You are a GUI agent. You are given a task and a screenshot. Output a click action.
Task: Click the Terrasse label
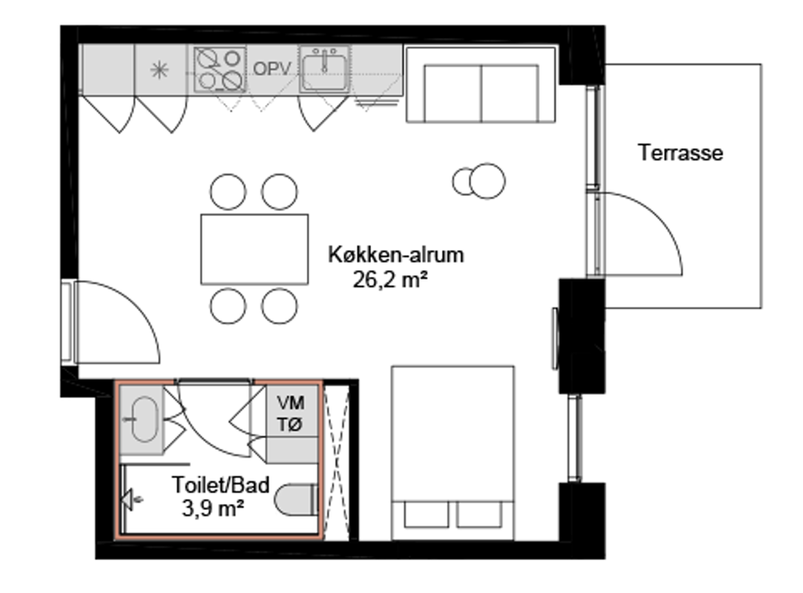pos(680,152)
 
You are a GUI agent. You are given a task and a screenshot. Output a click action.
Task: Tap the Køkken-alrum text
pos(396,254)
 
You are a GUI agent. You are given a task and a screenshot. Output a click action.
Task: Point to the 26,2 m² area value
pos(390,280)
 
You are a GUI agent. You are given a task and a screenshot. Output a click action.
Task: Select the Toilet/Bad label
pos(221,485)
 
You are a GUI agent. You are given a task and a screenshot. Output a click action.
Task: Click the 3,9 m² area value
pos(213,508)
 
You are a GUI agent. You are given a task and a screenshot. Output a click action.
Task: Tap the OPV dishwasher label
pos(272,69)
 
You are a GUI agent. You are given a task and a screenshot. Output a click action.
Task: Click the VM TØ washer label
pos(291,413)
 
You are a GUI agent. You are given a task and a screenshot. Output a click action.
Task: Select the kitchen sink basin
pos(324,69)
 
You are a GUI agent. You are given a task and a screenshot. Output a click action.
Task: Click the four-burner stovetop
pos(219,69)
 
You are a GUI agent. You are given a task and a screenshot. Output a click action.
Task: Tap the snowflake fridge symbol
pos(159,69)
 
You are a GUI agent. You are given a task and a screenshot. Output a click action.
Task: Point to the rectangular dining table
pos(254,249)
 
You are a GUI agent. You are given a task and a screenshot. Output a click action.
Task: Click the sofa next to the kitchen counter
pos(480,85)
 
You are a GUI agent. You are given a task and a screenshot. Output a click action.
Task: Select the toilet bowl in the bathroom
pos(296,500)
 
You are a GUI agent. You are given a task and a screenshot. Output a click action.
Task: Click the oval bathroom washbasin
pos(144,419)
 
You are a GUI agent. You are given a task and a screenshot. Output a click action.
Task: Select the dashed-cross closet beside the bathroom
pos(337,460)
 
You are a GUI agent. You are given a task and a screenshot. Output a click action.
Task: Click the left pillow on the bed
pos(426,514)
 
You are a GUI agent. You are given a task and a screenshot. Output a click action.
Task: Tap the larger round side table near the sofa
pos(487,180)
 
